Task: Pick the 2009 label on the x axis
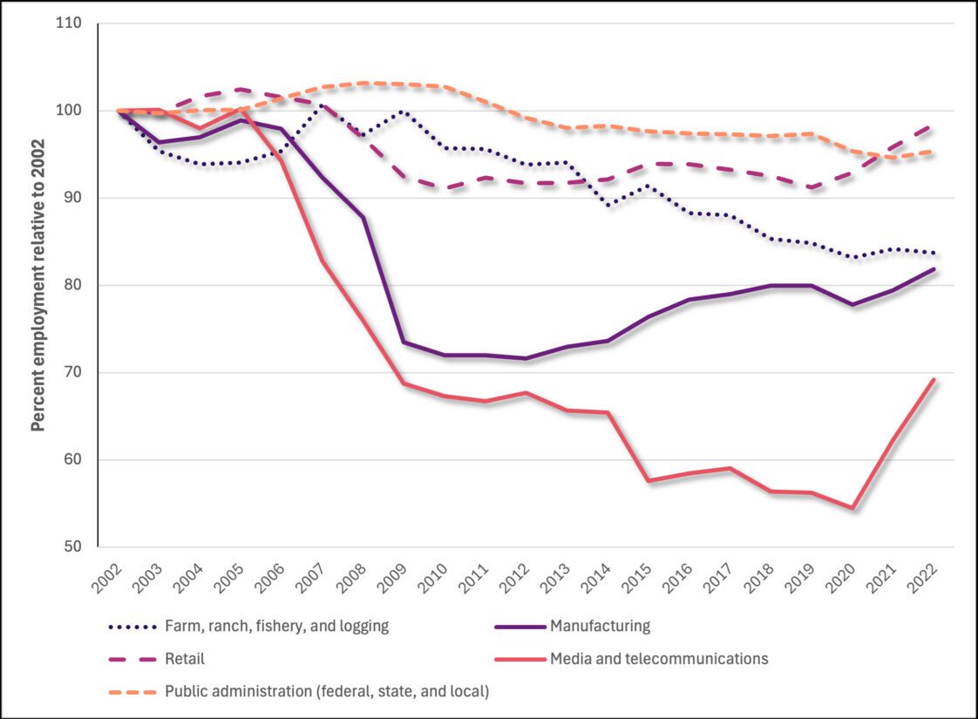point(392,574)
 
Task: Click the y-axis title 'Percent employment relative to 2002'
point(37,286)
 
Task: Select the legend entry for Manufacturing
point(600,626)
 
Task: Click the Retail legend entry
point(184,659)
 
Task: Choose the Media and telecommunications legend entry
point(658,659)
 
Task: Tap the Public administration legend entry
point(327,692)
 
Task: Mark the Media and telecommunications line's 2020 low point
point(852,508)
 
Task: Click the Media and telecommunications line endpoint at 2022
point(934,379)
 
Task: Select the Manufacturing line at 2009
point(404,343)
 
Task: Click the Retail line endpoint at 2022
point(934,125)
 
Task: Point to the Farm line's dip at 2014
point(608,205)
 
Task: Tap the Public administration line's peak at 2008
point(363,84)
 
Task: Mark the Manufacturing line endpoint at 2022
point(934,269)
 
